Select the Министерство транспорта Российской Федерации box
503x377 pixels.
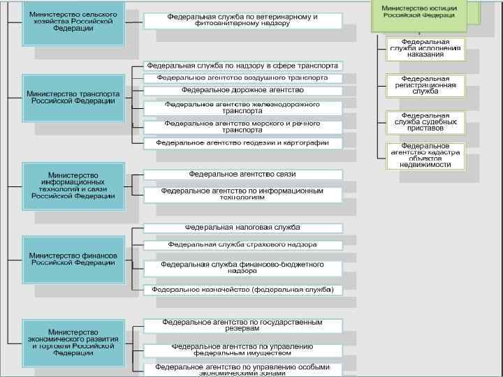point(73,97)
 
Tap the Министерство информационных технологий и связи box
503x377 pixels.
point(73,186)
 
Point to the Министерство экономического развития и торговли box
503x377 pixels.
point(73,342)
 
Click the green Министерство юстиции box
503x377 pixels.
point(418,12)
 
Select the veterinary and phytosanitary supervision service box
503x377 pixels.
point(242,20)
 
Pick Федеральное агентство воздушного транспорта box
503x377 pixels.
point(242,77)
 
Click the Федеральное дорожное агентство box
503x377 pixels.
point(242,89)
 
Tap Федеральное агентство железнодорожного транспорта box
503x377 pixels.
point(242,108)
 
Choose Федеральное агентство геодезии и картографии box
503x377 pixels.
point(242,143)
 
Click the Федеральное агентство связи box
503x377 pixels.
point(242,174)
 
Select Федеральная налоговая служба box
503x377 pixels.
point(242,228)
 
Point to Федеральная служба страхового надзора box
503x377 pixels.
point(242,245)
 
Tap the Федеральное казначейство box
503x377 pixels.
point(242,289)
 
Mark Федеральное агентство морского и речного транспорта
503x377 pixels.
point(242,126)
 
